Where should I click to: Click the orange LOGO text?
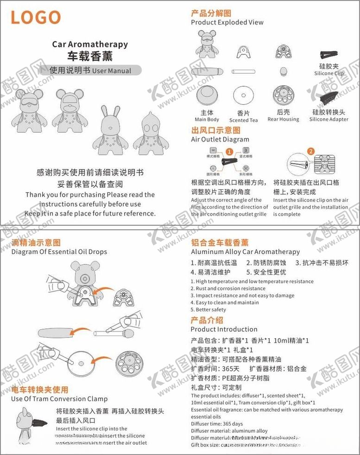pos(36,18)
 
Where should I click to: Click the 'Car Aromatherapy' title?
pos(90,45)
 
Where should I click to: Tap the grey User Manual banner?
pos(95,71)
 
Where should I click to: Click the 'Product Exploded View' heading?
pos(227,22)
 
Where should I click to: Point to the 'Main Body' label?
pos(207,120)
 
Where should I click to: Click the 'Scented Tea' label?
pos(243,120)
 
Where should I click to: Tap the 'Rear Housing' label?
pos(283,119)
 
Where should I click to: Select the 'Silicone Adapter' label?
pos(328,119)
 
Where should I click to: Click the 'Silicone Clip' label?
pos(329,73)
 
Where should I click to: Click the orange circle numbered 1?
pos(229,152)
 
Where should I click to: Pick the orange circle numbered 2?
pos(310,151)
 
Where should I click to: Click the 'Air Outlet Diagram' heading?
pos(220,139)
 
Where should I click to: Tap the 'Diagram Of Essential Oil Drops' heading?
pos(59,252)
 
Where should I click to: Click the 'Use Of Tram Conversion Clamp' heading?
pos(59,398)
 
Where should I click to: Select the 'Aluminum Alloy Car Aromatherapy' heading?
pos(246,251)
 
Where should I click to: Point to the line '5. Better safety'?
pos(208,309)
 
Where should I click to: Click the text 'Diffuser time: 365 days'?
pos(217,424)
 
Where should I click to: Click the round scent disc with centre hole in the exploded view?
pos(243,96)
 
